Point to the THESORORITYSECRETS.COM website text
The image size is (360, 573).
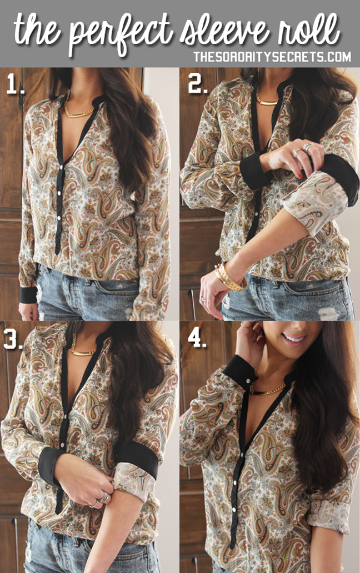(272, 57)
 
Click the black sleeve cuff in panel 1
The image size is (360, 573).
(28, 294)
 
